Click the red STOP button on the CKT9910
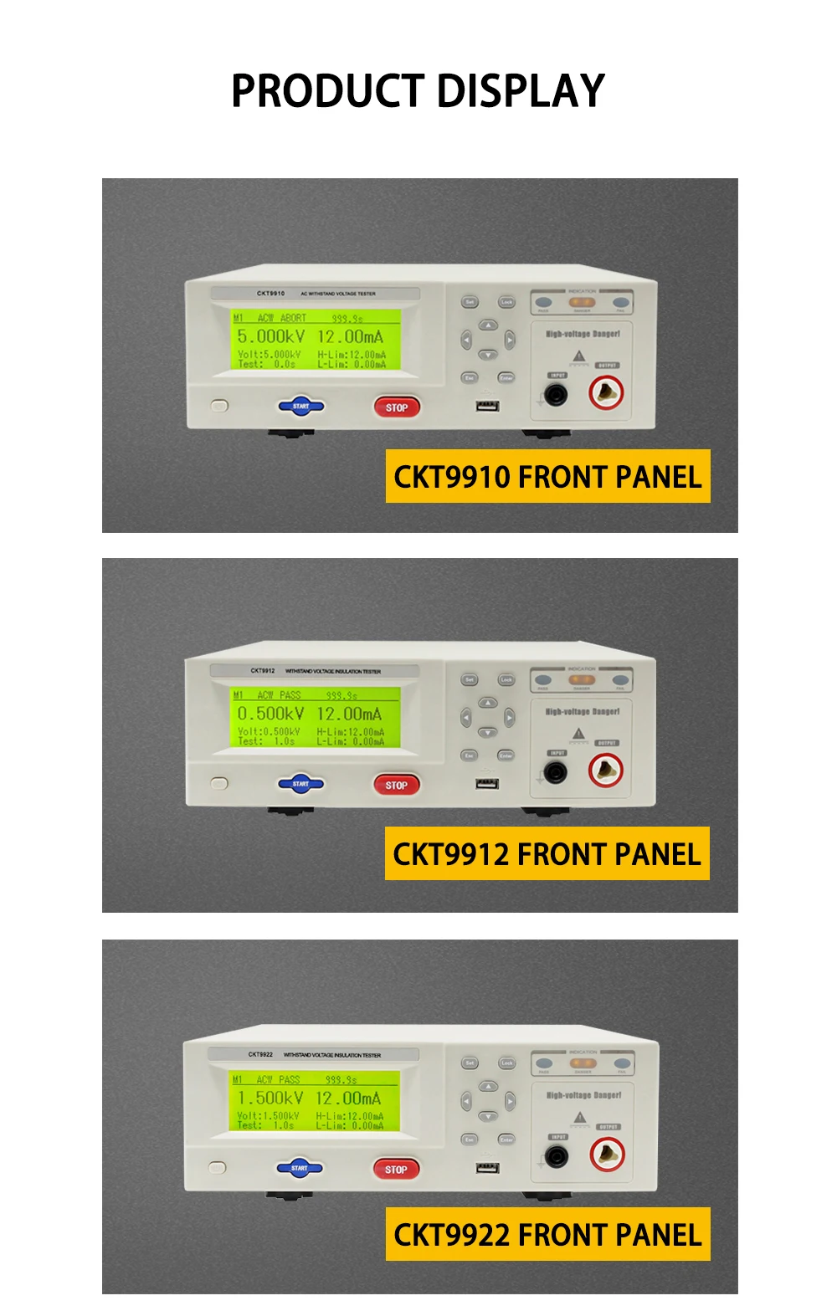tap(396, 407)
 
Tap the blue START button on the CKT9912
tap(300, 784)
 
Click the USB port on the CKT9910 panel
tap(487, 406)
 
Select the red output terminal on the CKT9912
tap(605, 771)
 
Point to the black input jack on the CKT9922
tap(555, 1157)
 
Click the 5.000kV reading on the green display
tap(270, 336)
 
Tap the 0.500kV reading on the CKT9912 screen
tap(270, 714)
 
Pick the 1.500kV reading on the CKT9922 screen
tap(270, 1098)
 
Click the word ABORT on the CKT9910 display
tap(293, 318)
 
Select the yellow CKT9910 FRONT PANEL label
tap(547, 477)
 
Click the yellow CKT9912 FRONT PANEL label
tap(547, 854)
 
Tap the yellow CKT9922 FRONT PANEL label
tap(547, 1235)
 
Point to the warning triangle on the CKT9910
tap(578, 356)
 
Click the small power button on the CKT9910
tap(219, 406)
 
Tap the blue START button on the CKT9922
tap(299, 1168)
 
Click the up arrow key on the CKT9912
tap(487, 703)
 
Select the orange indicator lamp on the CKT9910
tap(582, 302)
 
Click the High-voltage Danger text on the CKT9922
tap(583, 1095)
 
